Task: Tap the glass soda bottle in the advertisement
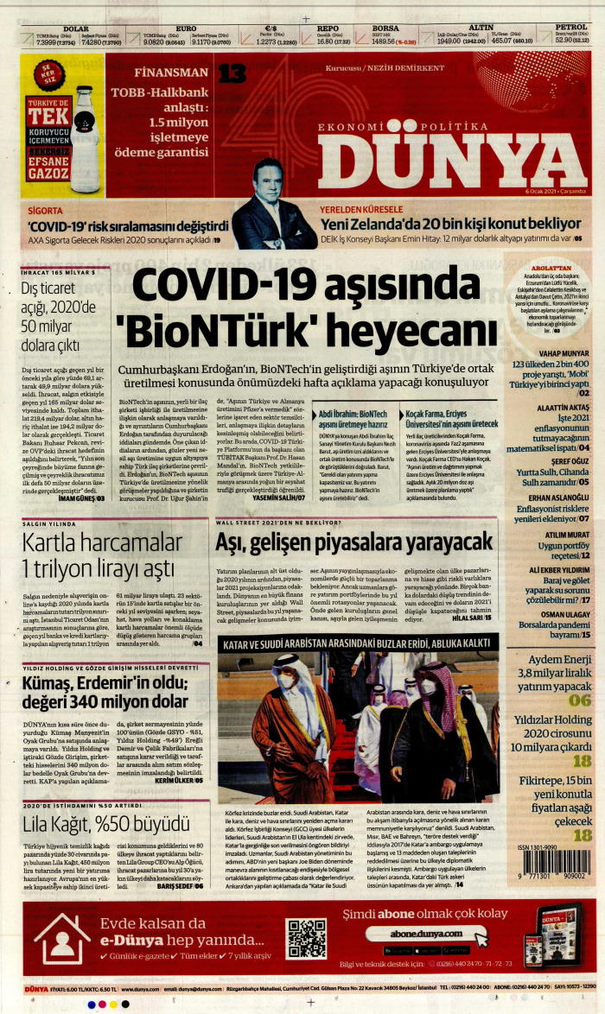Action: click(84, 137)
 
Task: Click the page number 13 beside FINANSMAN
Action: click(232, 73)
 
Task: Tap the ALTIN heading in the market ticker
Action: click(481, 28)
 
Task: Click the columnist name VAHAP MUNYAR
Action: click(564, 353)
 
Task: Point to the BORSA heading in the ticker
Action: click(385, 28)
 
